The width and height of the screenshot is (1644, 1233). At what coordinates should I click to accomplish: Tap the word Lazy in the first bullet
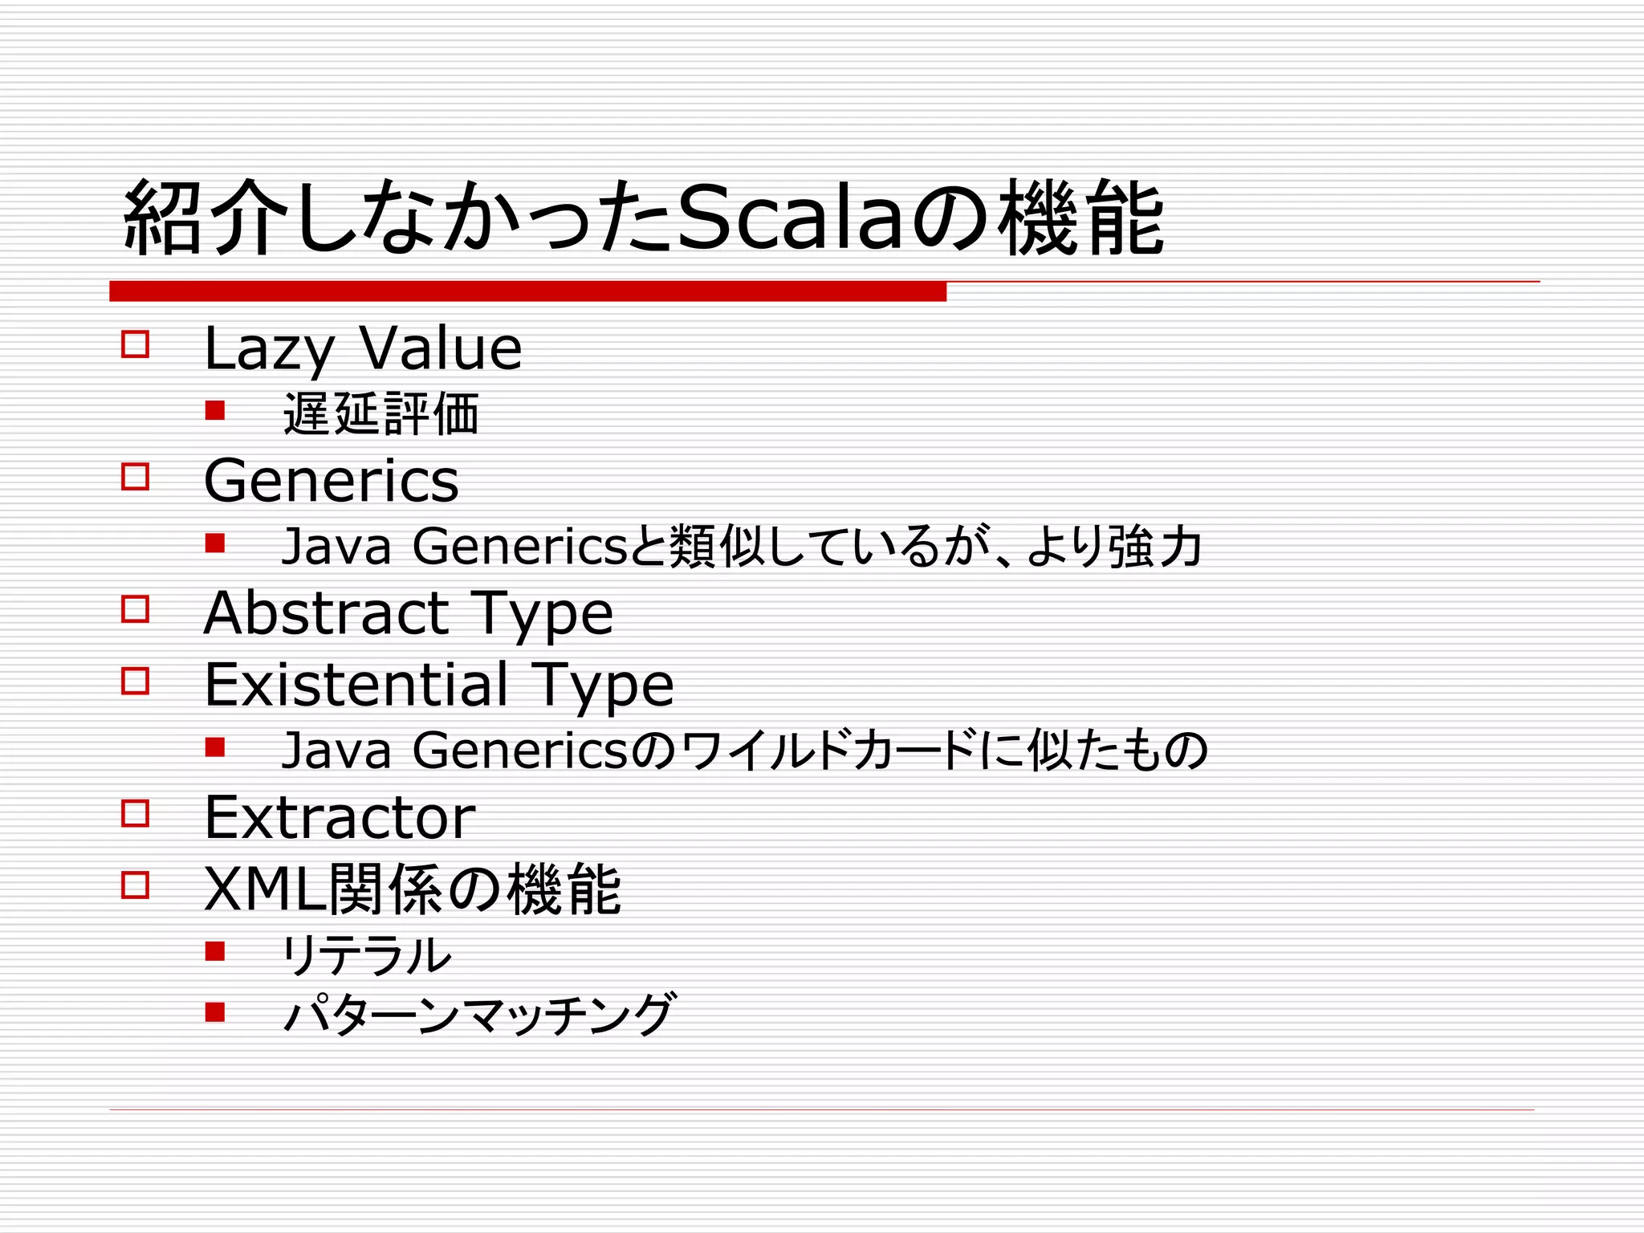(x=268, y=350)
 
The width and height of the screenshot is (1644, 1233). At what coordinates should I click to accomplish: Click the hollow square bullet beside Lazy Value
(x=135, y=344)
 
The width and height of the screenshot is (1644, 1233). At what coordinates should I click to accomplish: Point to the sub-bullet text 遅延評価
(x=380, y=414)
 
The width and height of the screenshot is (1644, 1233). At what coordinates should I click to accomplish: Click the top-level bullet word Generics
(x=331, y=481)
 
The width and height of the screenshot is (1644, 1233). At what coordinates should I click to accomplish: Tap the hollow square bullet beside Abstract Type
(x=135, y=609)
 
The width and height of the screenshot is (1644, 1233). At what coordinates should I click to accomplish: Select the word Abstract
(x=326, y=613)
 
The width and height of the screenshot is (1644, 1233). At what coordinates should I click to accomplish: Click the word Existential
(x=356, y=685)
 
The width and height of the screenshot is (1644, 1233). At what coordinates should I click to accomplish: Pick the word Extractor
(x=340, y=818)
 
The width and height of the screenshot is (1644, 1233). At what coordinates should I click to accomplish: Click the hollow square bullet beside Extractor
(x=135, y=814)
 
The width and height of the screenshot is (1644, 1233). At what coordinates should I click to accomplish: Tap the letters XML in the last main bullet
(x=266, y=889)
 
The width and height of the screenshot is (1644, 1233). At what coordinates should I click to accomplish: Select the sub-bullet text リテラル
(x=366, y=955)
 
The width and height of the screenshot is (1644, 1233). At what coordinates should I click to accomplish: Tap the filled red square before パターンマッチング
(x=214, y=1011)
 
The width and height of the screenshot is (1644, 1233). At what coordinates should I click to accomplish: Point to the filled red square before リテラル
(x=214, y=952)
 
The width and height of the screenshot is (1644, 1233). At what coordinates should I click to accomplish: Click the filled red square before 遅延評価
(x=214, y=411)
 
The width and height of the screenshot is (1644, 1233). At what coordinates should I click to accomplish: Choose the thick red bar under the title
(x=527, y=291)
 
